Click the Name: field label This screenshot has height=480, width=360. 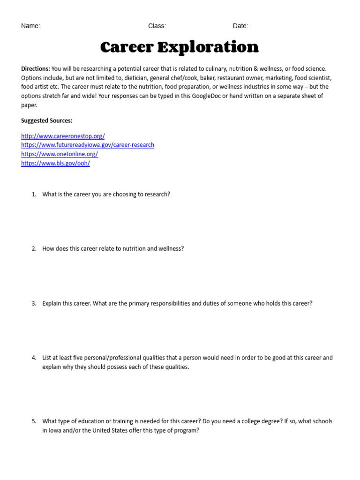click(30, 26)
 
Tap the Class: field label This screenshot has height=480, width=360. click(157, 26)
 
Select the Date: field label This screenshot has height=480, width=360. click(240, 26)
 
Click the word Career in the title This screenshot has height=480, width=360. click(127, 47)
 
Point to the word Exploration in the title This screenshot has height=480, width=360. click(208, 47)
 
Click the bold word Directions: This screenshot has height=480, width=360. click(36, 69)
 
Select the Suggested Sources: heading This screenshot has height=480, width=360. click(47, 121)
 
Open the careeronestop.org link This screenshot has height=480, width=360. click(63, 136)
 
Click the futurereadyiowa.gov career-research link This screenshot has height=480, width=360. click(88, 145)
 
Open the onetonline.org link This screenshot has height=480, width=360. click(60, 154)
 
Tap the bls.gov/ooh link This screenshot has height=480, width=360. click(55, 164)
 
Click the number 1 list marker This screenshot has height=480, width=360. click(34, 194)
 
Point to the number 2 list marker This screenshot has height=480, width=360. click(34, 249)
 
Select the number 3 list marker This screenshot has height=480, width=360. click(34, 304)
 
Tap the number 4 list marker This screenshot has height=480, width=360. click(34, 358)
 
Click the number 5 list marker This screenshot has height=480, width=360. click(34, 421)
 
